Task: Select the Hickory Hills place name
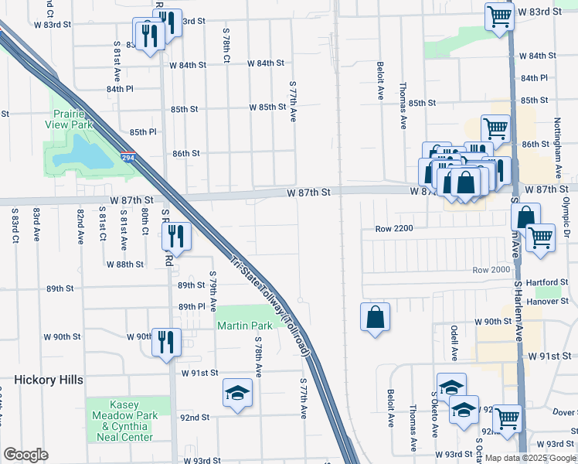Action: [48, 380]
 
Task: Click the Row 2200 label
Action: [395, 229]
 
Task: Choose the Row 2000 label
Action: [491, 269]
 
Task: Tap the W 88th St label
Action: [124, 264]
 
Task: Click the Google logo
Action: [25, 455]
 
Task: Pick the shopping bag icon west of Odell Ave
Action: [375, 316]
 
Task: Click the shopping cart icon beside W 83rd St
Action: [499, 15]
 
